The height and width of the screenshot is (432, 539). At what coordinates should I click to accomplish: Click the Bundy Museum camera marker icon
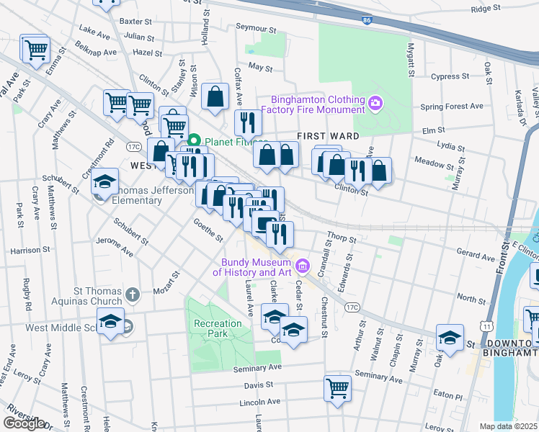tap(303, 268)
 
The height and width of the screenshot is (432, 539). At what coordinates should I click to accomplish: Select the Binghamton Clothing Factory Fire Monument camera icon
tap(375, 104)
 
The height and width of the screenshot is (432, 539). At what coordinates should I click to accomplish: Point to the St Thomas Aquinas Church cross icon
tap(132, 294)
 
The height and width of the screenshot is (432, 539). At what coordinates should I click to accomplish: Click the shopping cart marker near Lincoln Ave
tap(337, 389)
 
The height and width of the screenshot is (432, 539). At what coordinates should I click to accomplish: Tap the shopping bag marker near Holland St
tap(215, 96)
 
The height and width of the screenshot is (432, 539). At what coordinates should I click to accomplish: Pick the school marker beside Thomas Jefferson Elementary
tap(105, 181)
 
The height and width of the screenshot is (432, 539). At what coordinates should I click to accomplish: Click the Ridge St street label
tap(485, 8)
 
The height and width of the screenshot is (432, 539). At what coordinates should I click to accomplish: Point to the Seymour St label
tap(257, 29)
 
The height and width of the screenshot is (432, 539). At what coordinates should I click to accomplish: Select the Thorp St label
tap(342, 238)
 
